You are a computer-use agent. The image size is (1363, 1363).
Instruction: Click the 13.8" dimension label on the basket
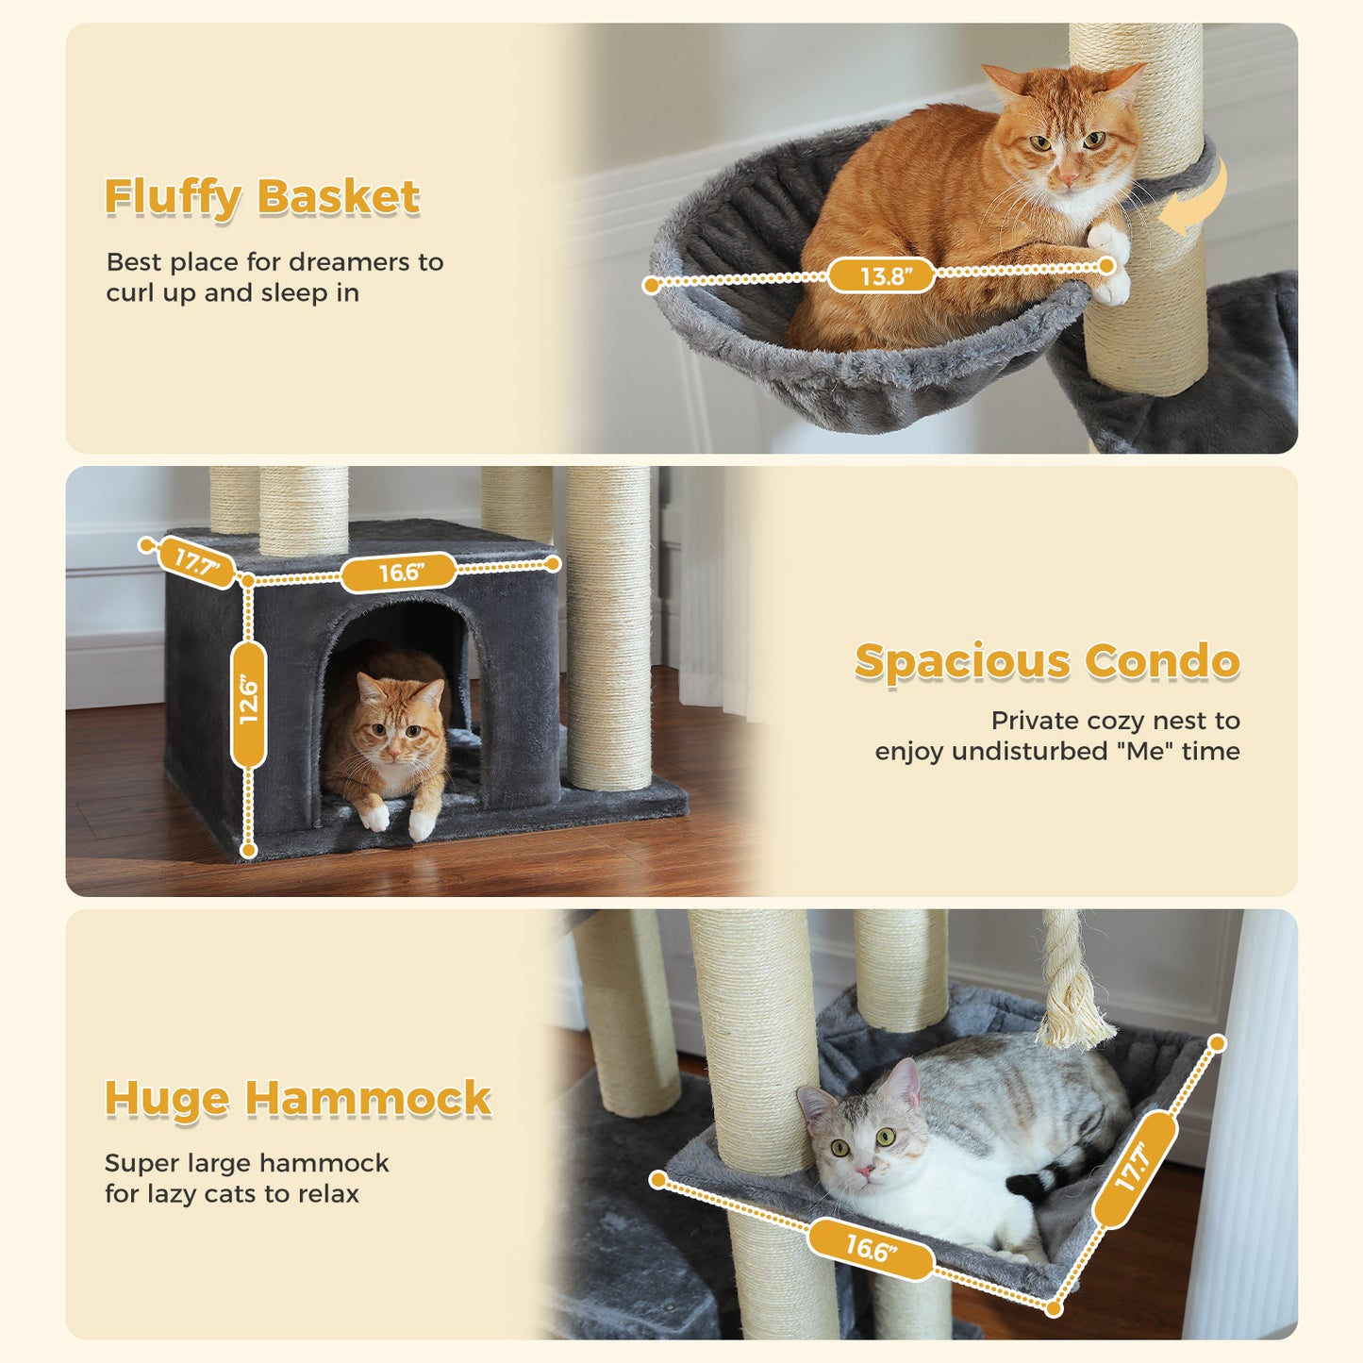coord(882,276)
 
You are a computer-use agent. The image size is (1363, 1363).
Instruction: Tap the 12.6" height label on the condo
coord(248,703)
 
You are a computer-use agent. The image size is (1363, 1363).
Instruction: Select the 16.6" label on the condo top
coord(399,573)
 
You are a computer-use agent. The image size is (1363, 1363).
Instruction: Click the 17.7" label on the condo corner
coord(196,563)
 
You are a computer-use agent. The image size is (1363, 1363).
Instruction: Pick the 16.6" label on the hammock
coord(870,1249)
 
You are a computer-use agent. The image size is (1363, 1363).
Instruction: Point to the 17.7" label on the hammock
coord(1136,1169)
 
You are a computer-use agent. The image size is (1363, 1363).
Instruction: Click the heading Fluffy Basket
coord(261,197)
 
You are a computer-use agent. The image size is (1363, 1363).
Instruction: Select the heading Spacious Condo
coord(1046,661)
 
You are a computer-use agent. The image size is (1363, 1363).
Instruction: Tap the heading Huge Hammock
coord(297,1099)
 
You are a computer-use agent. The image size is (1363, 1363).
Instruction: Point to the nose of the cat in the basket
coord(1064,176)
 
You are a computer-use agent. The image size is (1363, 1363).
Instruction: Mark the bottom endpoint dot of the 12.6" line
coord(248,850)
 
